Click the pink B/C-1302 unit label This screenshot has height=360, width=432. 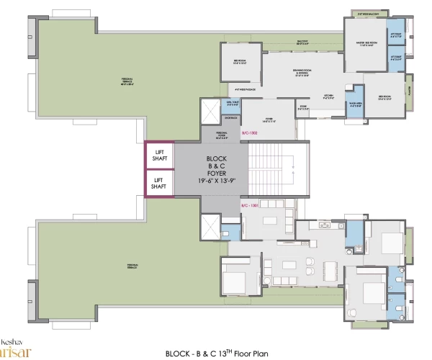[250, 133]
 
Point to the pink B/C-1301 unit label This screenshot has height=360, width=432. [250, 207]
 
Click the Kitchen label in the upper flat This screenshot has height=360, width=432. [328, 95]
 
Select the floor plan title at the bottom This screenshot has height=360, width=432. [228, 353]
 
